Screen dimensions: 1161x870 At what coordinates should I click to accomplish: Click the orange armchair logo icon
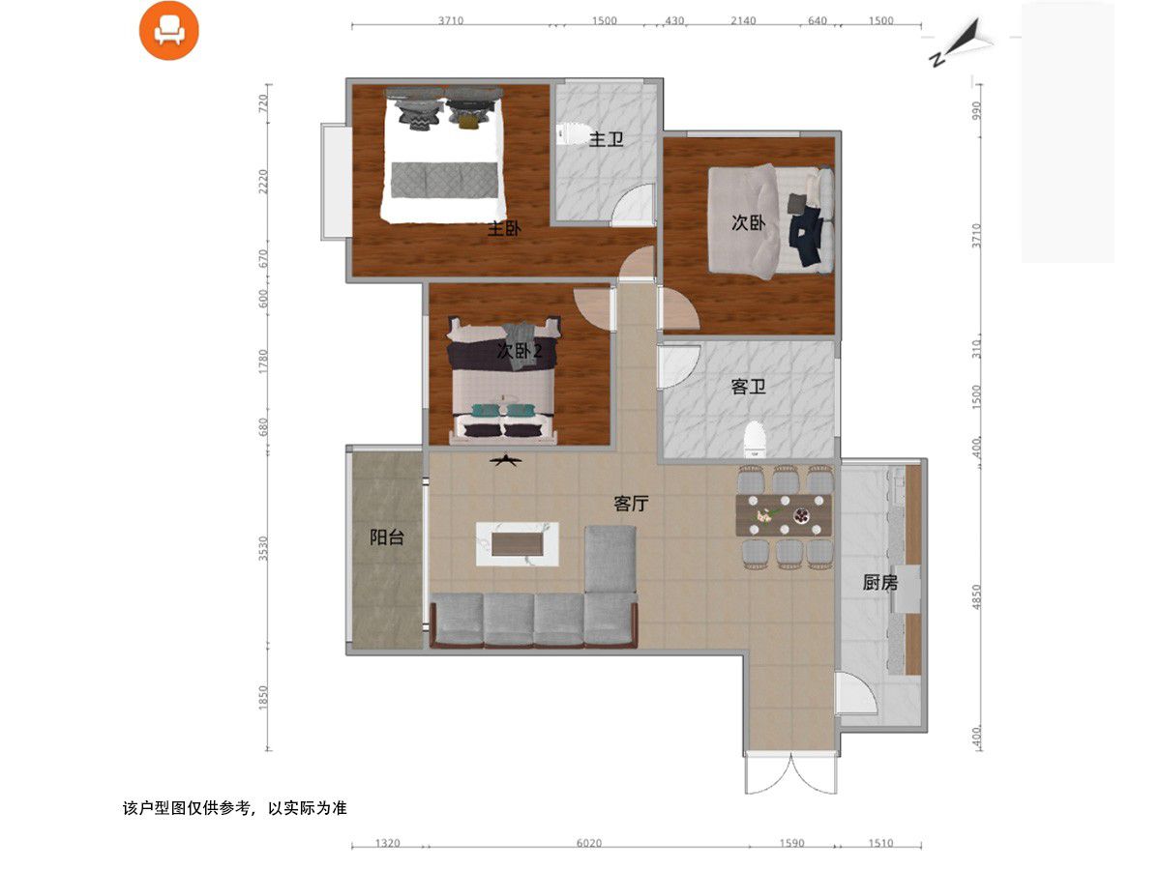(168, 31)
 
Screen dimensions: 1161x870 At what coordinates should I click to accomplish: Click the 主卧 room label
(503, 229)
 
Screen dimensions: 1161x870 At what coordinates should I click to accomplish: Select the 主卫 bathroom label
(607, 139)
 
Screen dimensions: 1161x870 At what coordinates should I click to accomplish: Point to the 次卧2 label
(520, 351)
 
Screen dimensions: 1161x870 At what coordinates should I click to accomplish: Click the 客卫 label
(749, 387)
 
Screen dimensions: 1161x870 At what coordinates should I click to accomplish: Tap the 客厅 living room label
(631, 504)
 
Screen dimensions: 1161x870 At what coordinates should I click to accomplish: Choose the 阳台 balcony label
(387, 537)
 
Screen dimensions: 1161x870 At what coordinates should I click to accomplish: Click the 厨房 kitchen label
(880, 583)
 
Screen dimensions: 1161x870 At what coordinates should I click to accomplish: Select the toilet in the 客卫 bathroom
(756, 439)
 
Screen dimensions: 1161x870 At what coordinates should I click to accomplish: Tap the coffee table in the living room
(518, 544)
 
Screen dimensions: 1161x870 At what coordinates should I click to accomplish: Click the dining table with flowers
(784, 515)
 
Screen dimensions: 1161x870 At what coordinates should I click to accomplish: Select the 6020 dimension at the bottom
(588, 844)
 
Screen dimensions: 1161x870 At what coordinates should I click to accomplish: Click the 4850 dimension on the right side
(976, 596)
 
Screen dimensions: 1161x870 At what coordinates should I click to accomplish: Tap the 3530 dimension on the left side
(263, 548)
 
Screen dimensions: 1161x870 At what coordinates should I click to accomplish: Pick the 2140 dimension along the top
(743, 20)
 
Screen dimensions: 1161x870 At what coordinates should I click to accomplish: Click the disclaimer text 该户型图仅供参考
(186, 808)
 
